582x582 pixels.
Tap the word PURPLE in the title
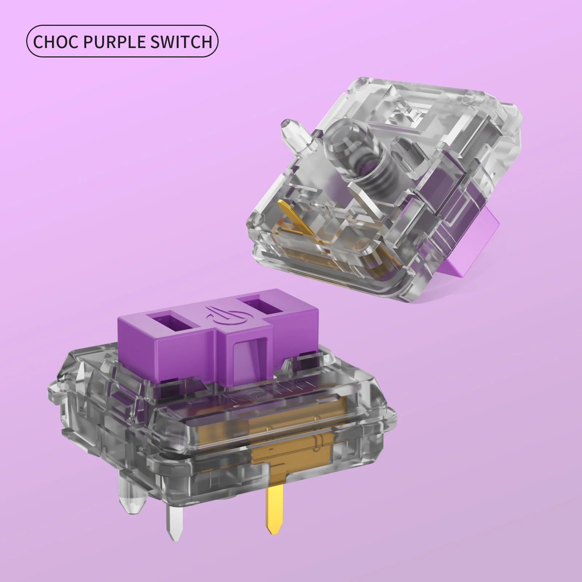pos(110,42)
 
